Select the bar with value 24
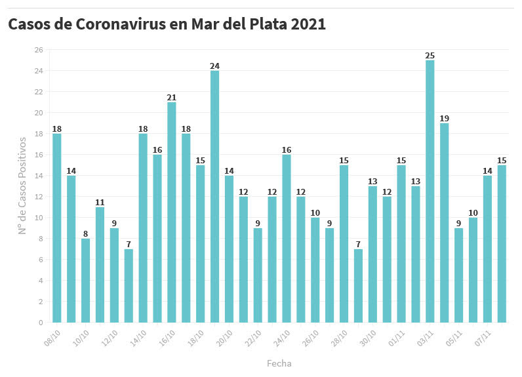click(214, 197)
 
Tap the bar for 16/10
click(172, 212)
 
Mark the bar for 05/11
click(458, 275)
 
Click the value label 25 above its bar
click(430, 55)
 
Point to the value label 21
click(172, 97)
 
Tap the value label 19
click(444, 118)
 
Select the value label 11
click(100, 202)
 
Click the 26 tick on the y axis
click(38, 50)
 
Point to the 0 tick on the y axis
click(40, 323)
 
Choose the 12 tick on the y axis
click(38, 197)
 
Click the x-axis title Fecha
click(279, 363)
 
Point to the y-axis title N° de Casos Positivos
click(22, 186)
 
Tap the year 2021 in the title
click(308, 24)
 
